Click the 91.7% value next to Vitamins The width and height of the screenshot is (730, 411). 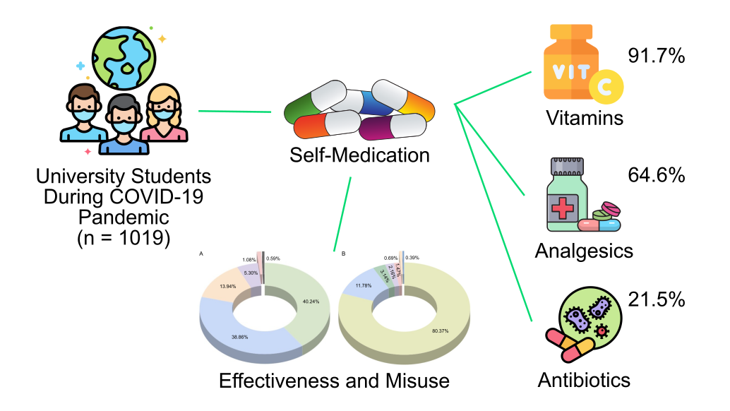tap(656, 56)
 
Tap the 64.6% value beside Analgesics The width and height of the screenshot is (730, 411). tap(656, 174)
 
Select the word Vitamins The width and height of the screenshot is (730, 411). tap(585, 117)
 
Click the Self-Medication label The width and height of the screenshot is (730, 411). tap(359, 155)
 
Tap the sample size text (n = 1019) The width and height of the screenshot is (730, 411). tap(124, 237)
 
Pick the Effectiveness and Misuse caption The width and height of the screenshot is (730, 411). tap(334, 381)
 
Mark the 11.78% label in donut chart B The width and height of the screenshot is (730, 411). tap(364, 285)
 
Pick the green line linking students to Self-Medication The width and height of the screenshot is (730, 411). tap(235, 111)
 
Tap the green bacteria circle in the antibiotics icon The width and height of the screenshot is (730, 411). tap(590, 316)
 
